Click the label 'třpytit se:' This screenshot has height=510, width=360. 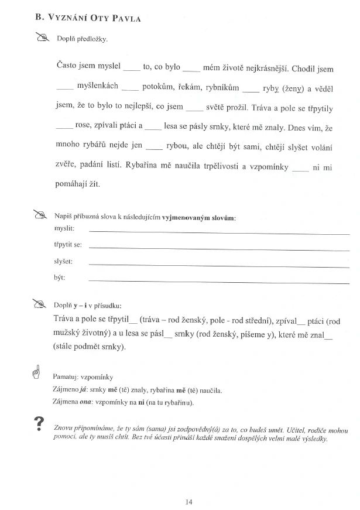[68, 244]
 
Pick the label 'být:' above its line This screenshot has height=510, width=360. [59, 278]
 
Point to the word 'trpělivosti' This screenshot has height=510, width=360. [218, 167]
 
